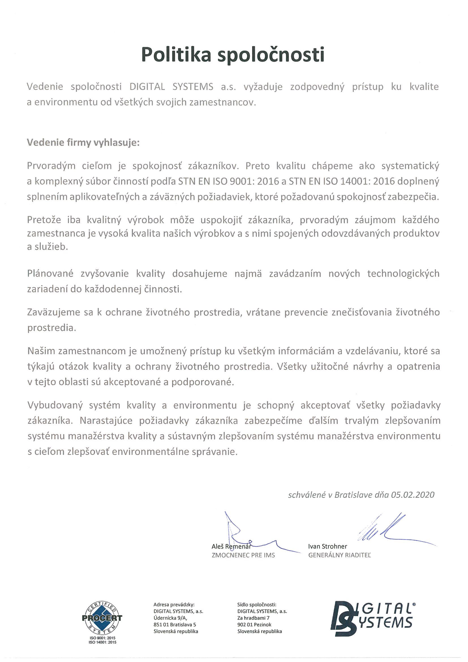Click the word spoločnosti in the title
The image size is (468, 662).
[271, 55]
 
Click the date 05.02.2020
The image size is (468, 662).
[412, 495]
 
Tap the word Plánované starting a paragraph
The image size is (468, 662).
[50, 274]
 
